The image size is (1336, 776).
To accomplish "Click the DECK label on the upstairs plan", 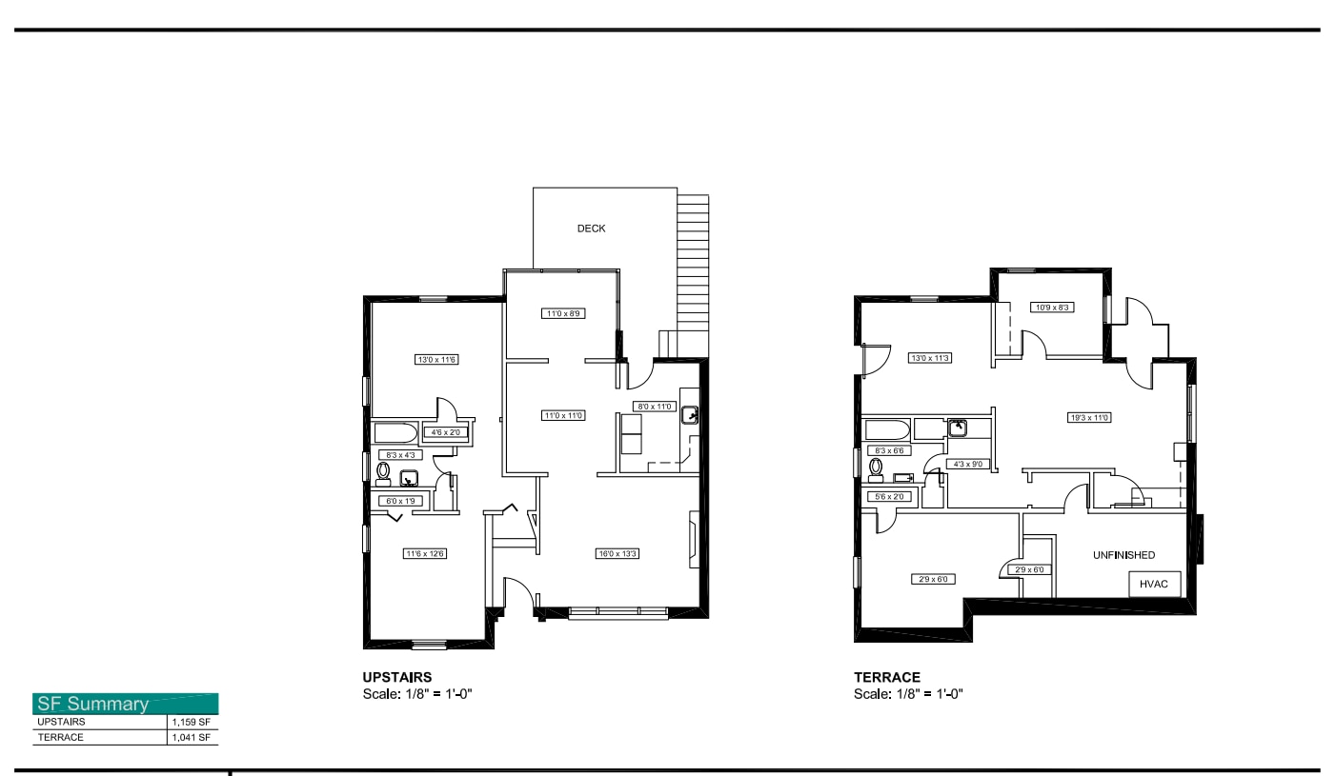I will pos(591,229).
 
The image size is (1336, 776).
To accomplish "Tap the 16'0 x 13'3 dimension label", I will pos(617,553).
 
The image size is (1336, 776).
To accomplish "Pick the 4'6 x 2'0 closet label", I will pos(445,433).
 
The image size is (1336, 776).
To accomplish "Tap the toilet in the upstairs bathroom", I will pos(383,471).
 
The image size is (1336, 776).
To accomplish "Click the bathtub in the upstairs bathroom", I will pos(395,433).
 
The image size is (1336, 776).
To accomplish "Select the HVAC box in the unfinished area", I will pos(1155,584).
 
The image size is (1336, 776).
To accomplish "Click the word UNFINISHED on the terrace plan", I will pos(1123,555).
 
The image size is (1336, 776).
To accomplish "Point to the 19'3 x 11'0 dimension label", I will pos(1089,417).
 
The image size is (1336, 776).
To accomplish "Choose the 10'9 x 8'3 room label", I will pos(1052,308).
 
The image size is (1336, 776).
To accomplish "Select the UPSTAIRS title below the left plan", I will pos(397,677).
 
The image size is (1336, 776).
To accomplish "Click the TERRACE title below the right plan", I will pos(886,677).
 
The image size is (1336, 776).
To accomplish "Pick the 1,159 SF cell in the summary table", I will pos(191,722).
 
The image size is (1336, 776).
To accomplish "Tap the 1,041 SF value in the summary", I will pos(191,737).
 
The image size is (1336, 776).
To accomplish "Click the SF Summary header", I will pos(92,705).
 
